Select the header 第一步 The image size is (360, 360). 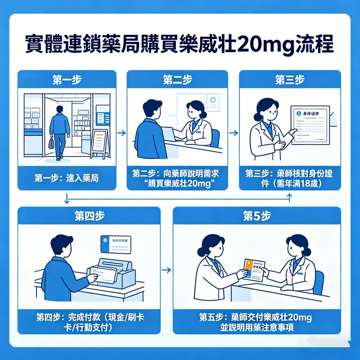(67, 80)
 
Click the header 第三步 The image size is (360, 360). (289, 80)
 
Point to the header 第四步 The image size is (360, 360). (89, 216)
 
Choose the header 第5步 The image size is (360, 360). (257, 216)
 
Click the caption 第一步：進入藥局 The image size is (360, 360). (67, 178)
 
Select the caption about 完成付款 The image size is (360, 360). (89, 322)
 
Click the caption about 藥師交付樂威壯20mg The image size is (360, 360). (257, 322)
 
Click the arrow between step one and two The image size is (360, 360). (121, 133)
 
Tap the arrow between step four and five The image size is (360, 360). (166, 270)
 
